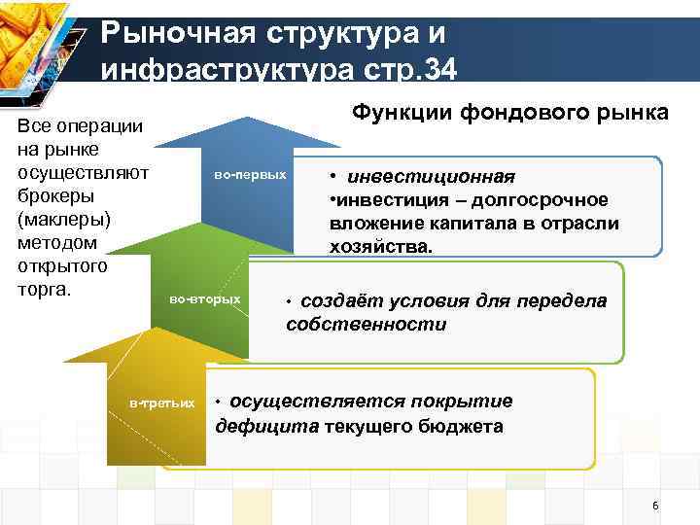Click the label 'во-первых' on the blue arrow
tap(250, 175)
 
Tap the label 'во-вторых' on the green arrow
tap(205, 298)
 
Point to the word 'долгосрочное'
tap(554, 200)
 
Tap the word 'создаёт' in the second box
tap(339, 301)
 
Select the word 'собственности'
tap(366, 325)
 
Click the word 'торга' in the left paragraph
tap(39, 289)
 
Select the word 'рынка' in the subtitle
tap(635, 113)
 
